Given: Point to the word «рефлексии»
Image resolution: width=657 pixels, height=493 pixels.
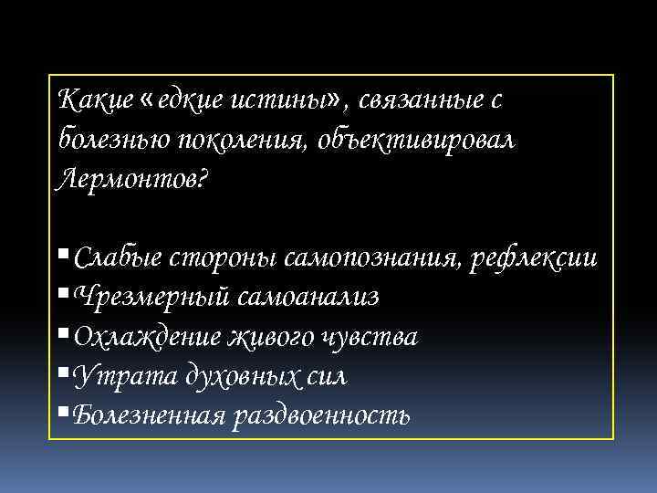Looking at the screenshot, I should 534,257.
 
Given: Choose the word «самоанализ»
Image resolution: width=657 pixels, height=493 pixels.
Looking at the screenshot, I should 310,297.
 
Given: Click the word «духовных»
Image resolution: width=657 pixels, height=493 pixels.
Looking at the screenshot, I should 227,375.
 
